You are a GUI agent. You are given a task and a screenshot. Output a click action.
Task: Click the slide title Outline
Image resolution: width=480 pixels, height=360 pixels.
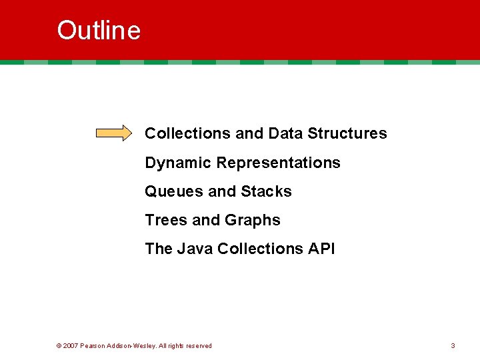click(99, 31)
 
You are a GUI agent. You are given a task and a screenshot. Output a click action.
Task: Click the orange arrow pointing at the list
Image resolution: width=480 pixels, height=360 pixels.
click(114, 133)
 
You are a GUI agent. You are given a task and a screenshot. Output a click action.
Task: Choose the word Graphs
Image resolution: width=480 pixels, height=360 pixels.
click(253, 221)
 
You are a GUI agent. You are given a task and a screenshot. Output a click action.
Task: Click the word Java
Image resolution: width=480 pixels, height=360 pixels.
click(195, 249)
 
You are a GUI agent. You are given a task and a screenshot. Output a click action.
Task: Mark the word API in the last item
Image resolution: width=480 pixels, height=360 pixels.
click(321, 249)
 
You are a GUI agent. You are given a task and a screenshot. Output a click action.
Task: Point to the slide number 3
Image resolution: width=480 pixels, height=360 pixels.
click(453, 345)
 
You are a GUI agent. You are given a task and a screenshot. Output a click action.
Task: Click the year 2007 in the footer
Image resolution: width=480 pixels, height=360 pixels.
click(71, 346)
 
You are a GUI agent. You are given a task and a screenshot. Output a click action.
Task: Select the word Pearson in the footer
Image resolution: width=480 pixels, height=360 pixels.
click(93, 346)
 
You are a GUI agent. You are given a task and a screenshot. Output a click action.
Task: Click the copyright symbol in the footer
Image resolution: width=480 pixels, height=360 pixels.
click(59, 346)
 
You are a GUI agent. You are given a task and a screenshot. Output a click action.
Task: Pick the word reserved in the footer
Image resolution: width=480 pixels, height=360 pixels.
click(198, 346)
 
